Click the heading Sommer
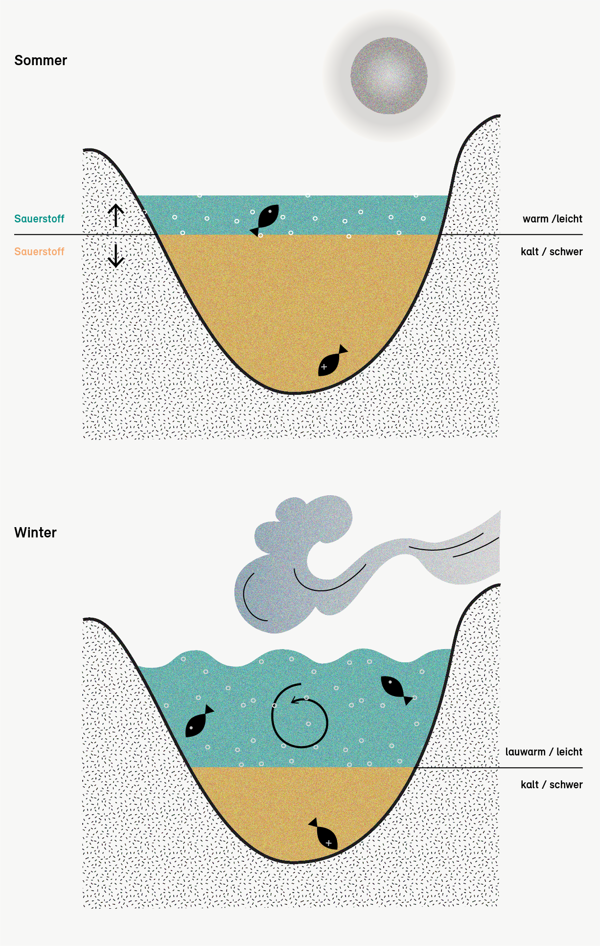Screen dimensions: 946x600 41,60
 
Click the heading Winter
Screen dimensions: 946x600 35,533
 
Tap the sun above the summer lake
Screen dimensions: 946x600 389,76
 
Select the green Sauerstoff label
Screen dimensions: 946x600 39,219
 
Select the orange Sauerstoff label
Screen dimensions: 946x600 39,252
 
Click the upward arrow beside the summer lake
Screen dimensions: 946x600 115,215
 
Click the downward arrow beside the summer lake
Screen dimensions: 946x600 115,255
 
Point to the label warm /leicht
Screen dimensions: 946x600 552,219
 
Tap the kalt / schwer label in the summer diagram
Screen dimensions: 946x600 552,252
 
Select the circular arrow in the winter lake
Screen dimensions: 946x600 300,716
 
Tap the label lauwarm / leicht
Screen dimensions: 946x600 544,752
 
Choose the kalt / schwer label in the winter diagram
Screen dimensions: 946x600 552,785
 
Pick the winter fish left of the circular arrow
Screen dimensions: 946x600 199,722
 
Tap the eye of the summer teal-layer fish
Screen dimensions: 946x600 270,212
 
